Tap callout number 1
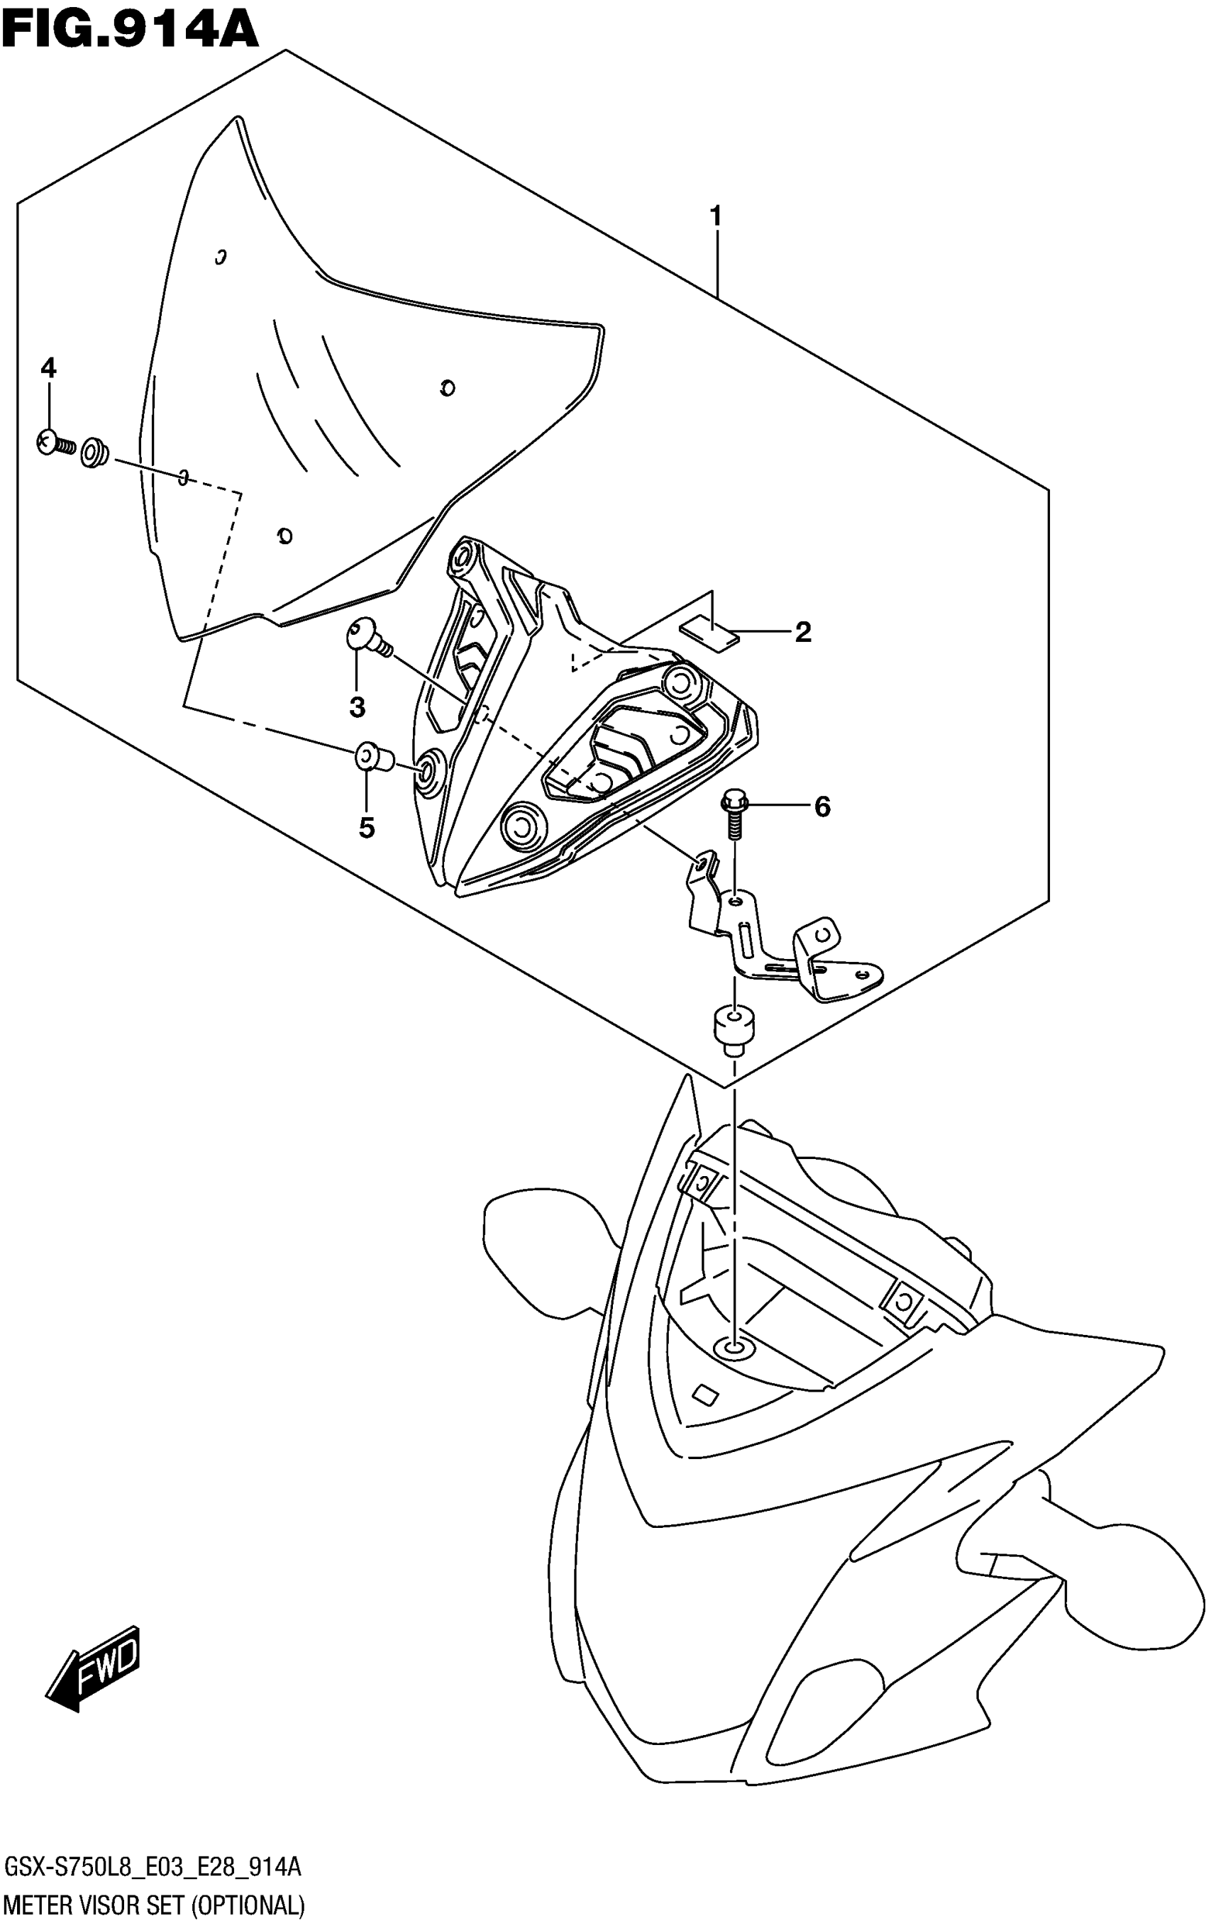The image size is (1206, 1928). pos(716,216)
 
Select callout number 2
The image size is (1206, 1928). pos(802,632)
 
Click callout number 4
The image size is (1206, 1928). pos(49,368)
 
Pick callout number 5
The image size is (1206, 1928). pos(366,829)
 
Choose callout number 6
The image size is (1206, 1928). pos(821,807)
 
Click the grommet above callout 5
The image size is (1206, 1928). pos(372,757)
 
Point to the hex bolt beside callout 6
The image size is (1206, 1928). pos(732,814)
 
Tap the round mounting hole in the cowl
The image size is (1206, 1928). pos(732,1348)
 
